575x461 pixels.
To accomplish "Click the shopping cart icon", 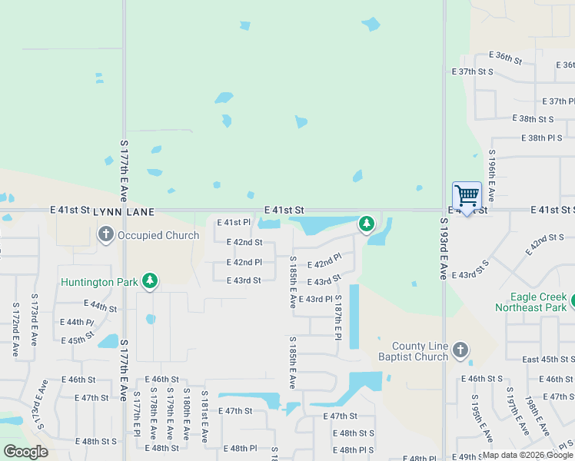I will (467, 195).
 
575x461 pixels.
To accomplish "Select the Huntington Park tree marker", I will (151, 281).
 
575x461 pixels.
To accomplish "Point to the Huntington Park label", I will (100, 282).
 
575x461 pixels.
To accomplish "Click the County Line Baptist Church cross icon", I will (460, 350).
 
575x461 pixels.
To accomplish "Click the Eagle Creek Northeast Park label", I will (538, 302).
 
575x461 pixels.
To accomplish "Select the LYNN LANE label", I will (125, 211).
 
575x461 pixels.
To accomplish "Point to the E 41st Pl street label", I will (234, 223).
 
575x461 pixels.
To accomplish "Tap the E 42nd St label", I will (244, 242).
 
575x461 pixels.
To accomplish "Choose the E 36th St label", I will (506, 58).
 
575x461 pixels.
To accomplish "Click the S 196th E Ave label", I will (491, 176).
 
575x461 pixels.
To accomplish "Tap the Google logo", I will (25, 452).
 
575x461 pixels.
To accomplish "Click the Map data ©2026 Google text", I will (527, 455).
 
